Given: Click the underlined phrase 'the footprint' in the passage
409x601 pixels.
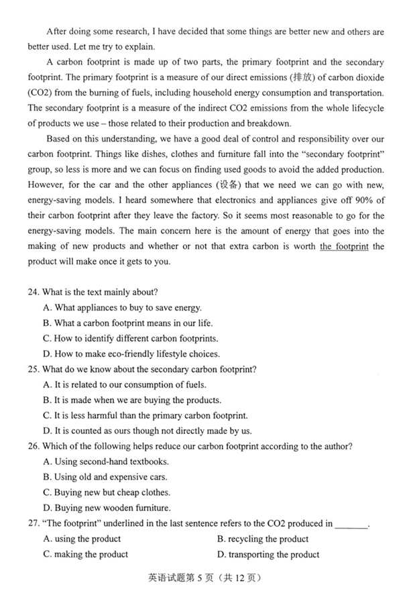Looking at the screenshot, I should (x=344, y=246).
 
